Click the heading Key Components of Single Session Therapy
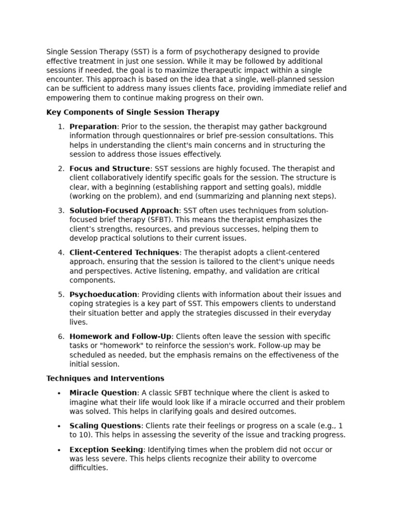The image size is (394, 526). [132, 112]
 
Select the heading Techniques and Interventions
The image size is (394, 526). [105, 379]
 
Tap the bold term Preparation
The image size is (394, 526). [93, 127]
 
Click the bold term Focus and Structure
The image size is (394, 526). [110, 169]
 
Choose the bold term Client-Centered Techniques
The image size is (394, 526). [124, 253]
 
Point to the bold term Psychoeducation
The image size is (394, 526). [103, 295]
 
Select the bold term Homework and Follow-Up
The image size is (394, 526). [121, 337]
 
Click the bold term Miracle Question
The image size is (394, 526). [103, 393]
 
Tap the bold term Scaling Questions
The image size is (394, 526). [105, 426]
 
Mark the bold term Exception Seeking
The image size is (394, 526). [106, 450]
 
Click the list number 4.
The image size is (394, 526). [61, 253]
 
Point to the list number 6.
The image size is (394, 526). [61, 337]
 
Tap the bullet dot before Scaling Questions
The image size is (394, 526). [59, 426]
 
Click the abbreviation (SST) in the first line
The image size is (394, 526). [140, 52]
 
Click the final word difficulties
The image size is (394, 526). [89, 468]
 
